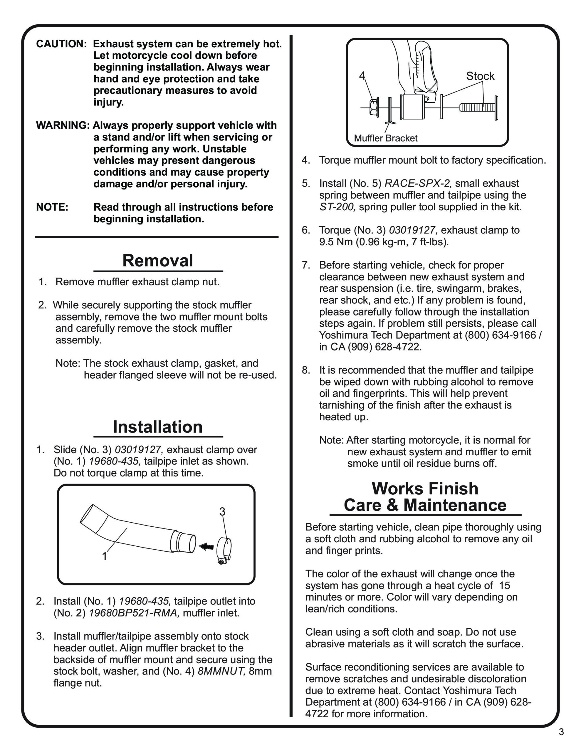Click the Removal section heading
pos(157,261)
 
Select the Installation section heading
pos(157,427)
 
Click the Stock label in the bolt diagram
pos(480,76)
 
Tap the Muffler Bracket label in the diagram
pos(385,138)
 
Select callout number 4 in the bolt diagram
pos(362,76)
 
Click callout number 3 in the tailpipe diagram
pos(222,512)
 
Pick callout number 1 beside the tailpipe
pos(105,556)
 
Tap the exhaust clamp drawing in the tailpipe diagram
pos(224,548)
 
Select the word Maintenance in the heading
pos(455,506)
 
